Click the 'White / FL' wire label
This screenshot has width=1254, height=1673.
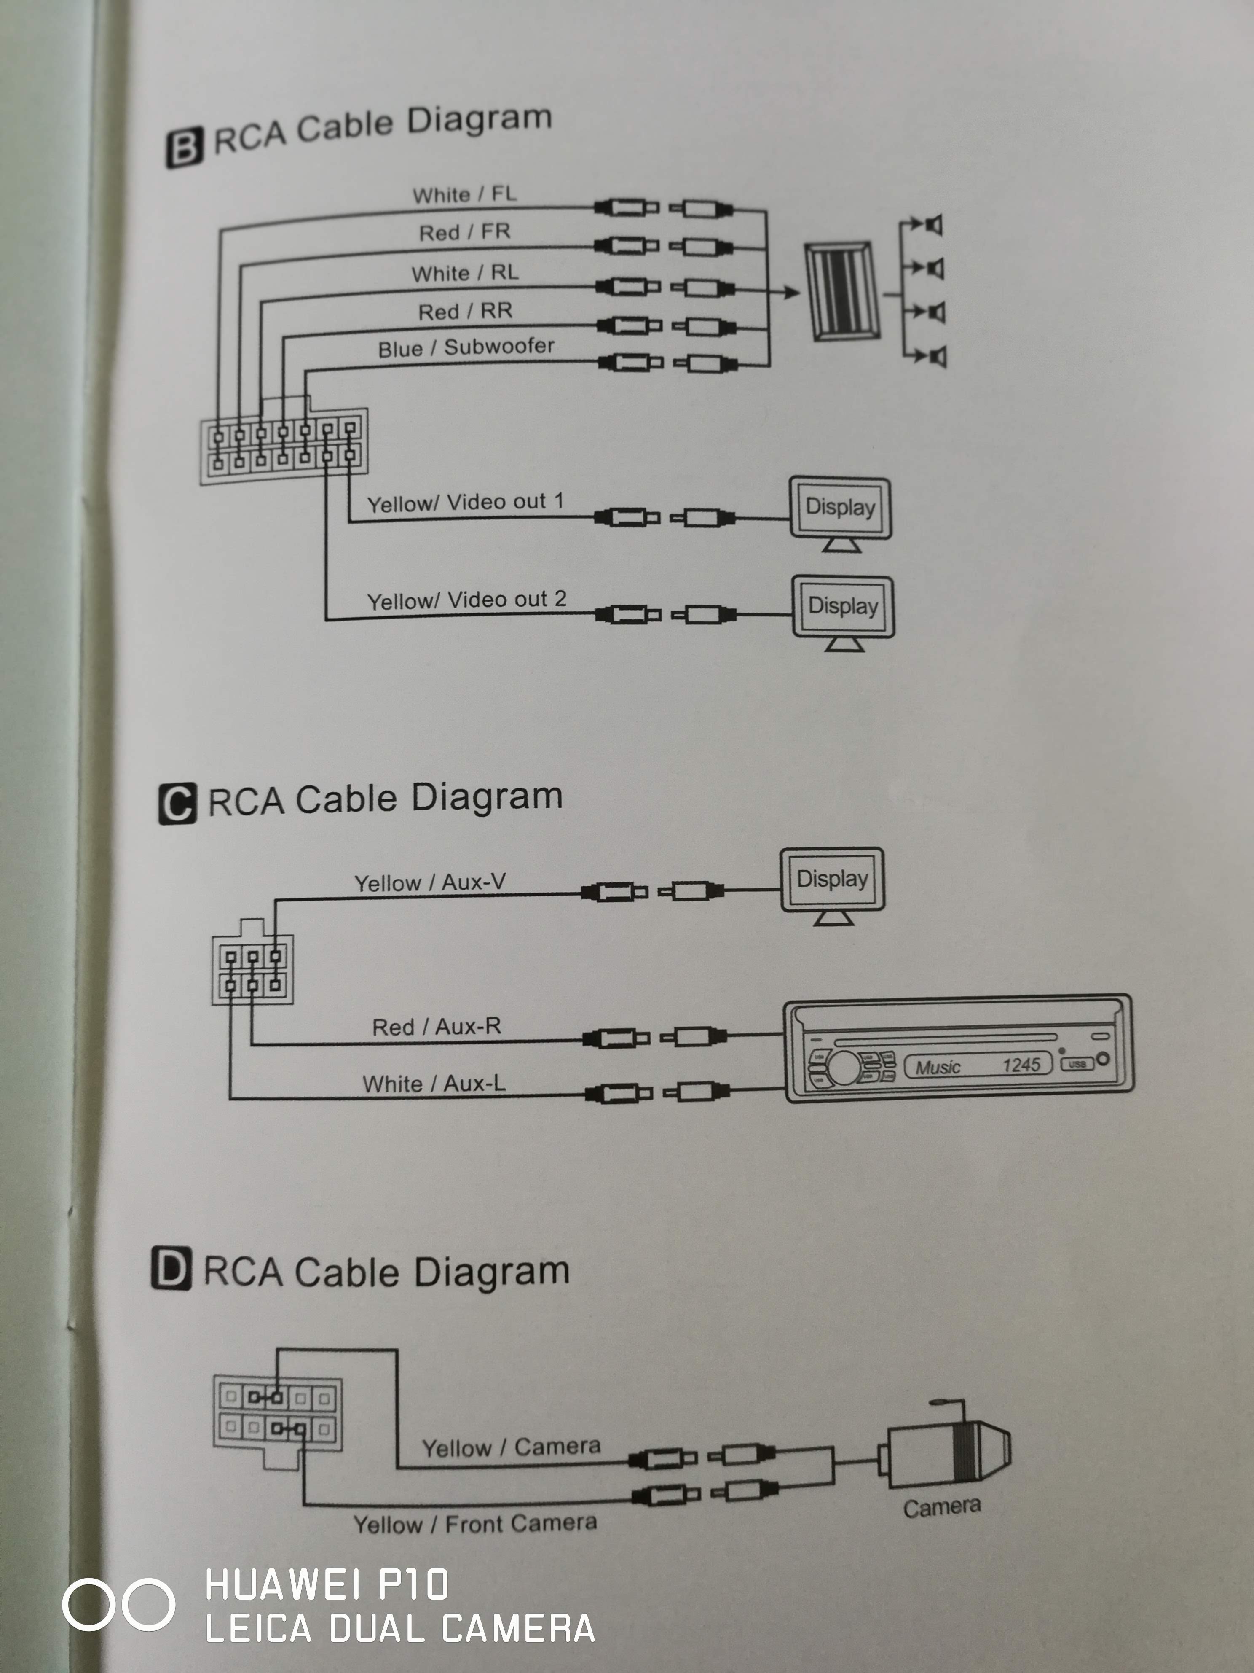(464, 194)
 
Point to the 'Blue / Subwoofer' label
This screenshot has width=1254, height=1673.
(466, 347)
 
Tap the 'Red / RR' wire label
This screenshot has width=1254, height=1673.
(465, 311)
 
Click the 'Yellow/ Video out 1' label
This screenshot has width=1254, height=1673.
(465, 502)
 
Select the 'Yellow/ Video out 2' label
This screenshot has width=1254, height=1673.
(466, 600)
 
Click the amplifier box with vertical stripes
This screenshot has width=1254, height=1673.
(842, 291)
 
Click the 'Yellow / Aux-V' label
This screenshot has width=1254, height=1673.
(429, 882)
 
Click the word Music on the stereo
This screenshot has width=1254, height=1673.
(937, 1067)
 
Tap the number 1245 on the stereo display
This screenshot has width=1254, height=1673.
(1021, 1065)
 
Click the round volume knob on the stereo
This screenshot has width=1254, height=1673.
(845, 1066)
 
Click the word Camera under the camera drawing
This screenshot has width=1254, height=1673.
(942, 1507)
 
